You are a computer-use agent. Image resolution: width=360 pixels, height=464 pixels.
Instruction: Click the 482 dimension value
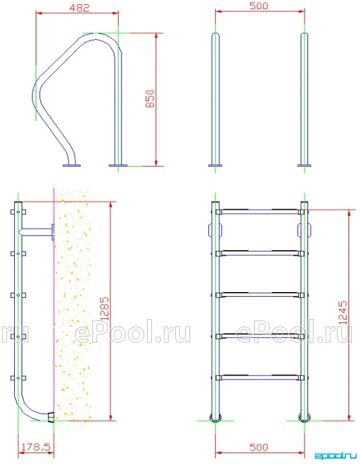(80, 7)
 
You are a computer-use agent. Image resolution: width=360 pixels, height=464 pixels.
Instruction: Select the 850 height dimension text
(150, 98)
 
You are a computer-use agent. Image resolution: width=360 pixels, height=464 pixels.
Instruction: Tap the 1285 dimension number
(104, 309)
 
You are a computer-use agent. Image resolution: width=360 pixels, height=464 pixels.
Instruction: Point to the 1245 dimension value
(342, 312)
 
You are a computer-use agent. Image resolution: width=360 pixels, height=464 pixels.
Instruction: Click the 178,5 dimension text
(36, 447)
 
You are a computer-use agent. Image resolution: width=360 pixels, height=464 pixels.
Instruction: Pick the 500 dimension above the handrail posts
(258, 5)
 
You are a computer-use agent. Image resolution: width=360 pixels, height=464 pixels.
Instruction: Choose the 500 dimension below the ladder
(258, 447)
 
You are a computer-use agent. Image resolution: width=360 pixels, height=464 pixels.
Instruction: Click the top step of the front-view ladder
(260, 212)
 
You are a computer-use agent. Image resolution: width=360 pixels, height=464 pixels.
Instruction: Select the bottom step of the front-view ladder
(260, 378)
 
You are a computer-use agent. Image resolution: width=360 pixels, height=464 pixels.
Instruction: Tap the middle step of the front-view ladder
(260, 295)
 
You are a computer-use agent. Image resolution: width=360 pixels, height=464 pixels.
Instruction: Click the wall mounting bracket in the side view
(36, 232)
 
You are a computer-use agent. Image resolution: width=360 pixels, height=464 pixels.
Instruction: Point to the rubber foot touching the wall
(51, 417)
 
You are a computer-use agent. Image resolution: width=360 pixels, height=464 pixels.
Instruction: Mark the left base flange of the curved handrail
(71, 165)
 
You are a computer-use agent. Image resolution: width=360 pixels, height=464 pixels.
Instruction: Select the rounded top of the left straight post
(215, 35)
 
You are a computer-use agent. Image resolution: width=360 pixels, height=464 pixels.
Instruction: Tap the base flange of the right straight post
(305, 165)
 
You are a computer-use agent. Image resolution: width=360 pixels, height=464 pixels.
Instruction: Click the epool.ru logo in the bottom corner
(335, 456)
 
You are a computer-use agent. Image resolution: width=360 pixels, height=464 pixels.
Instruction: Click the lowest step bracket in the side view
(18, 378)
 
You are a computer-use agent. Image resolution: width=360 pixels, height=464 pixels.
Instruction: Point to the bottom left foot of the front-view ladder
(215, 417)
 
